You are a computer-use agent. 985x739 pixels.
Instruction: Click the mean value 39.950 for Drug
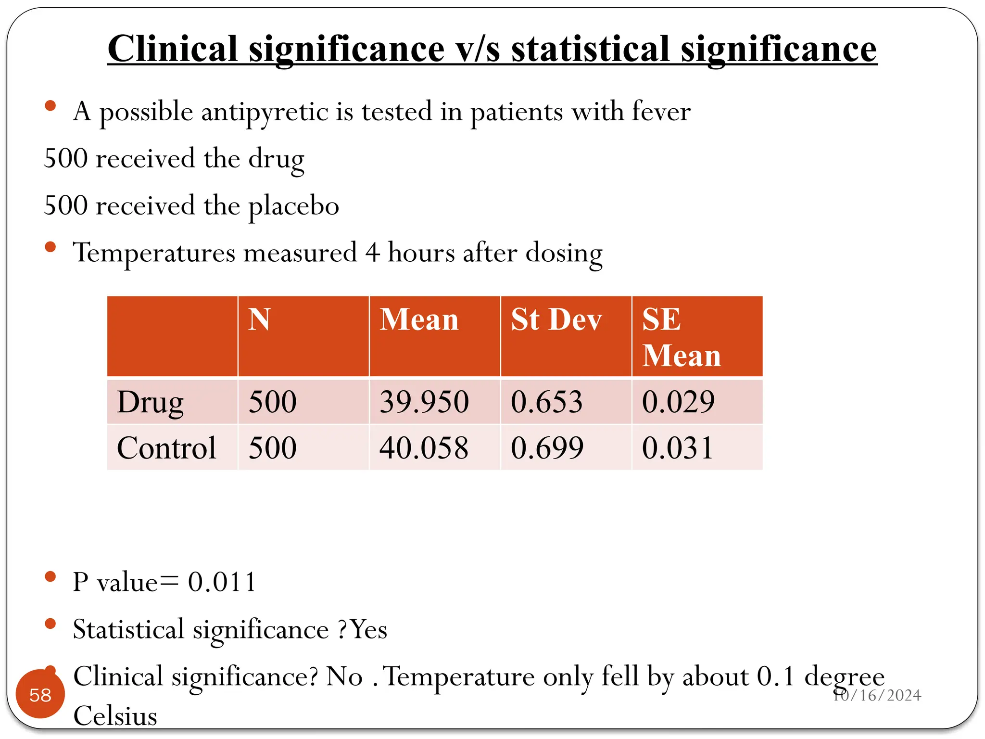point(424,402)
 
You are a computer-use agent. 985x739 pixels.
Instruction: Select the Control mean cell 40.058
point(424,448)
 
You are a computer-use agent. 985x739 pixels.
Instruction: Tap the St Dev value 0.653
point(546,402)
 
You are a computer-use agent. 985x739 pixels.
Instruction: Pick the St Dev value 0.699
point(547,448)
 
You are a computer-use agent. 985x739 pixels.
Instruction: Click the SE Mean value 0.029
point(678,402)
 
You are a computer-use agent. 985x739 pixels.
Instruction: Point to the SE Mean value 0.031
point(677,448)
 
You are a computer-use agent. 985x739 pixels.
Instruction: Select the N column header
point(259,319)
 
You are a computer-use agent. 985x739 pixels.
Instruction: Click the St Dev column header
point(556,319)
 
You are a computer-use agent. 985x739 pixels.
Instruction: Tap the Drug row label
point(150,403)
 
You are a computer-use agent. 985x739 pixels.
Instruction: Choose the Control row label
point(166,448)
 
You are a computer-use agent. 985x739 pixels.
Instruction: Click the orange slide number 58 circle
point(40,694)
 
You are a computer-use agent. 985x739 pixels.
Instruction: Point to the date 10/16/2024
point(877,695)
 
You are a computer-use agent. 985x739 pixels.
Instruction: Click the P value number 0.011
point(222,582)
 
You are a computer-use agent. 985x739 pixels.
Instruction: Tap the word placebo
point(293,206)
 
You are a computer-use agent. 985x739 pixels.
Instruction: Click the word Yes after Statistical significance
point(368,629)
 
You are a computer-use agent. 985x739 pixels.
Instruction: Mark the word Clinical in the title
point(173,49)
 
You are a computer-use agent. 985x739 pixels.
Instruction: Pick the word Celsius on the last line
point(115,715)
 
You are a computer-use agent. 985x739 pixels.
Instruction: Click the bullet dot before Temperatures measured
point(50,247)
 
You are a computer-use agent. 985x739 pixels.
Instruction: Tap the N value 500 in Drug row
point(272,402)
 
